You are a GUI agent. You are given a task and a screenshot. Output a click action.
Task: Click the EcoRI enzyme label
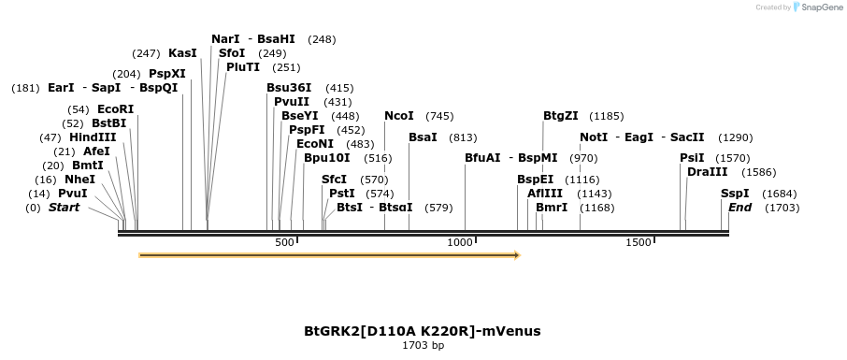[115, 109]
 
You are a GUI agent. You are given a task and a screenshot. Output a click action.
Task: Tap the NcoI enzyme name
[399, 116]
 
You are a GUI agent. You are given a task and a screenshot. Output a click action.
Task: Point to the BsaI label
[423, 137]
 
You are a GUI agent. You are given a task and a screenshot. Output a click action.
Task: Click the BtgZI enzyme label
[561, 116]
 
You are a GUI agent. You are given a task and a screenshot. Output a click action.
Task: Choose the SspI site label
[735, 194]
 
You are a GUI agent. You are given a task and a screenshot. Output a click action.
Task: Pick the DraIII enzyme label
[707, 172]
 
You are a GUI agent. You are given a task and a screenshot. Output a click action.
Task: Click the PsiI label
[692, 158]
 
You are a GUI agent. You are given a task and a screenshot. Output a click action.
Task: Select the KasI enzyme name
[182, 53]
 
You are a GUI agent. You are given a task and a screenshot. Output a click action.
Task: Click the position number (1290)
[735, 137]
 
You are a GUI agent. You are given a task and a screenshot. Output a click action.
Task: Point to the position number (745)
[439, 116]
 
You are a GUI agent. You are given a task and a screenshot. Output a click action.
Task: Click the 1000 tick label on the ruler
[461, 243]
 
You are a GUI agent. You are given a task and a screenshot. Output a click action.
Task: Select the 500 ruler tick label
[284, 243]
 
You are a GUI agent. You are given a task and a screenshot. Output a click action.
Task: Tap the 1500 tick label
[639, 243]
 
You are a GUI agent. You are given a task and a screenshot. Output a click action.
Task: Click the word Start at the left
[65, 207]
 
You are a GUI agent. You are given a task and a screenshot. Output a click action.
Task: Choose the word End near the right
[739, 207]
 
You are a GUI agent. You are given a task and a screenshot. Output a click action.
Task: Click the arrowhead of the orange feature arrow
[516, 254]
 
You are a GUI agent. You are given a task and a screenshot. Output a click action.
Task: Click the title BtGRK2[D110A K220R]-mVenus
[423, 331]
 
